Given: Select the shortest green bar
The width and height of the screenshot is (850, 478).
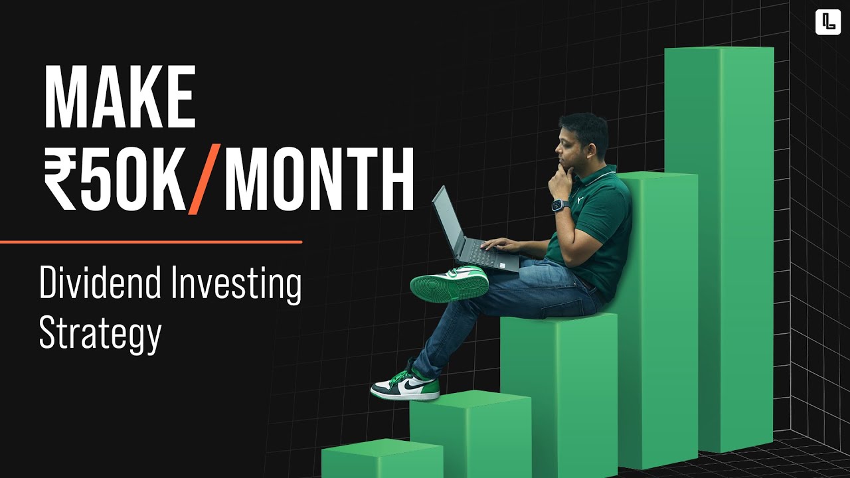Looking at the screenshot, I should point(382,459).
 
